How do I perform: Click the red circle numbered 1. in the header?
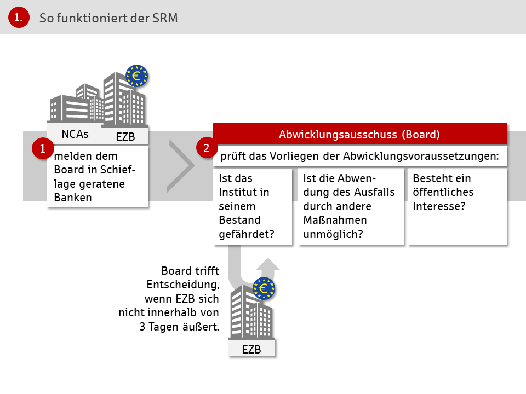(x=19, y=18)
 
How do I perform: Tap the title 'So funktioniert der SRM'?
(x=108, y=18)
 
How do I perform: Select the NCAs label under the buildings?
(x=75, y=134)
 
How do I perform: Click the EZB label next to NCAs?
(x=125, y=137)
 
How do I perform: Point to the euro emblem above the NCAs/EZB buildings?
(x=136, y=76)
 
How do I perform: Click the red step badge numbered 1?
(x=43, y=148)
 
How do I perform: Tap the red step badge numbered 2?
(x=207, y=148)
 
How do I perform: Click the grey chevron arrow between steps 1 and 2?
(x=181, y=166)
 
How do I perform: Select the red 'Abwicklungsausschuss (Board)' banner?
(x=361, y=135)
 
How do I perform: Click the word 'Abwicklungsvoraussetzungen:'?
(x=421, y=156)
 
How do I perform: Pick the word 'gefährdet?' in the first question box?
(x=247, y=234)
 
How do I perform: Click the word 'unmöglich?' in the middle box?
(x=333, y=234)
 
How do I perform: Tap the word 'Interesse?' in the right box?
(x=439, y=206)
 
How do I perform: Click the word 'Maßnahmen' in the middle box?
(x=335, y=220)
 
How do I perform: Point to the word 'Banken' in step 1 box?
(x=73, y=198)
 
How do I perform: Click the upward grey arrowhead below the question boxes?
(x=268, y=264)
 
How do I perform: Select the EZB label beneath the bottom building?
(x=251, y=350)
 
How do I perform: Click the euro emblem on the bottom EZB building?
(x=264, y=288)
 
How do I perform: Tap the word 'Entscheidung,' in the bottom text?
(x=183, y=285)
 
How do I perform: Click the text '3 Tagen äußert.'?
(x=180, y=327)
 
